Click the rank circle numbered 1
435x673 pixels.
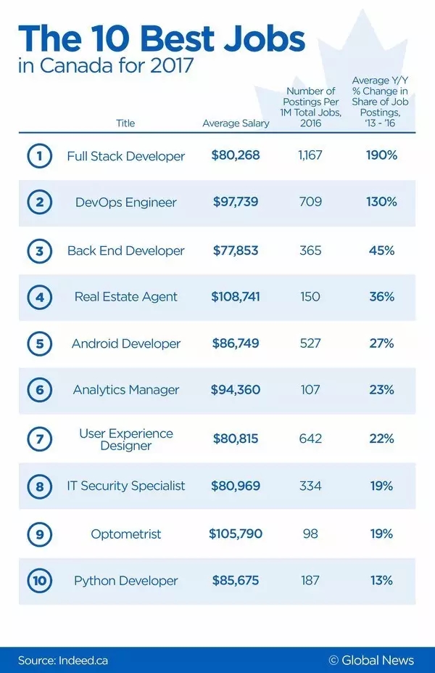click(x=39, y=156)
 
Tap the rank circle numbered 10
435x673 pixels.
click(x=39, y=581)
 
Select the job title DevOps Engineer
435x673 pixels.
click(x=125, y=203)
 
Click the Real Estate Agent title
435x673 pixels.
click(x=125, y=297)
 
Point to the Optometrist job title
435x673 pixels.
click(x=125, y=534)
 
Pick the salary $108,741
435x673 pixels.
click(x=236, y=297)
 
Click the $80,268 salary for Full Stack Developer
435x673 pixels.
click(x=236, y=156)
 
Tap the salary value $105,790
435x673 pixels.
click(x=236, y=534)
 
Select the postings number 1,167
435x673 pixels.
click(x=310, y=156)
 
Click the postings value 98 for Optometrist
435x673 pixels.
click(x=310, y=534)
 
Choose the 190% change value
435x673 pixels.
click(x=381, y=156)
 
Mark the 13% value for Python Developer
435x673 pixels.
click(x=381, y=581)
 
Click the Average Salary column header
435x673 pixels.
click(x=236, y=123)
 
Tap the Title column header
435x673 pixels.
click(x=125, y=123)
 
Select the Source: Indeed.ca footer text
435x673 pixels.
click(x=63, y=660)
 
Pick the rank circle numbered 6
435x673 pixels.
click(x=39, y=391)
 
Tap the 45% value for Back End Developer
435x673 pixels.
click(x=381, y=250)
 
